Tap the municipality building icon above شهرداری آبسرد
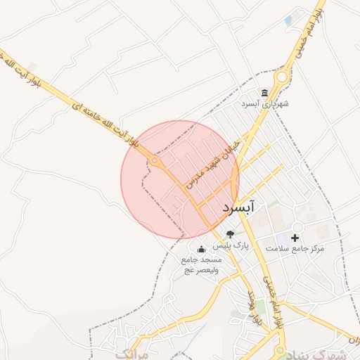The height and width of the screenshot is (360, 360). point(265,93)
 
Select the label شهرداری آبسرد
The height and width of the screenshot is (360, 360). point(265,104)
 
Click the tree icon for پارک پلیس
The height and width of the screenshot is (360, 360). point(230,234)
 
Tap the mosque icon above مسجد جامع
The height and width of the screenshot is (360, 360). point(201,249)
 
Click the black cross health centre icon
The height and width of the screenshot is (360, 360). point(295,238)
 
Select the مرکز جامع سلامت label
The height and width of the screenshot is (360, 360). point(295,248)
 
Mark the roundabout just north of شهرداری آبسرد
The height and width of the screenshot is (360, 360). point(282,77)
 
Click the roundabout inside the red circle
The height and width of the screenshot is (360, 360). point(154,162)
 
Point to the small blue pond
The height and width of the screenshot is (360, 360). point(288,21)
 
